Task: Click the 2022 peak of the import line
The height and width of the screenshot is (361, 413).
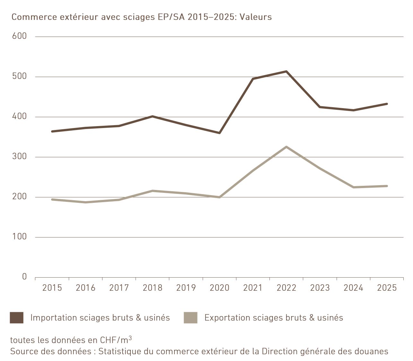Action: (286, 71)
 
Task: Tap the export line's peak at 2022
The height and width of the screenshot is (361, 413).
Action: (286, 147)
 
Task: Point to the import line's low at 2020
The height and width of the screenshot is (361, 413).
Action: (219, 133)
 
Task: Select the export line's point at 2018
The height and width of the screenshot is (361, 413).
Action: (153, 191)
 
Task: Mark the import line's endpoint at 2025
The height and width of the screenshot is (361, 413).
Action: (387, 104)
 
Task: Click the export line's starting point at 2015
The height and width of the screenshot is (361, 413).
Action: (52, 200)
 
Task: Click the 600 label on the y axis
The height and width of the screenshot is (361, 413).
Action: (19, 36)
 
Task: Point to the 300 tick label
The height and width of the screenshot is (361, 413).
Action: (19, 156)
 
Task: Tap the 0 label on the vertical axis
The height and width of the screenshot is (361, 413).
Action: (24, 277)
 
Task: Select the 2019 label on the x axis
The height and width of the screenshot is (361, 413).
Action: (186, 288)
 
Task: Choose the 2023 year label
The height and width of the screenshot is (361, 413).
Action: (320, 288)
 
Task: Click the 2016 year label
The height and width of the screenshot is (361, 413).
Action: (86, 288)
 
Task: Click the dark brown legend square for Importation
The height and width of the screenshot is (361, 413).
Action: (17, 318)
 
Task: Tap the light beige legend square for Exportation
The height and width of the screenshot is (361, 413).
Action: (190, 318)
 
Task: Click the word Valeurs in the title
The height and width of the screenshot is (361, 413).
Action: (256, 17)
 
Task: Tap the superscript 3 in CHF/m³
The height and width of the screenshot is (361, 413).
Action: (130, 338)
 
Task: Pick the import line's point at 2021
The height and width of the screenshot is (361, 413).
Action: (253, 79)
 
